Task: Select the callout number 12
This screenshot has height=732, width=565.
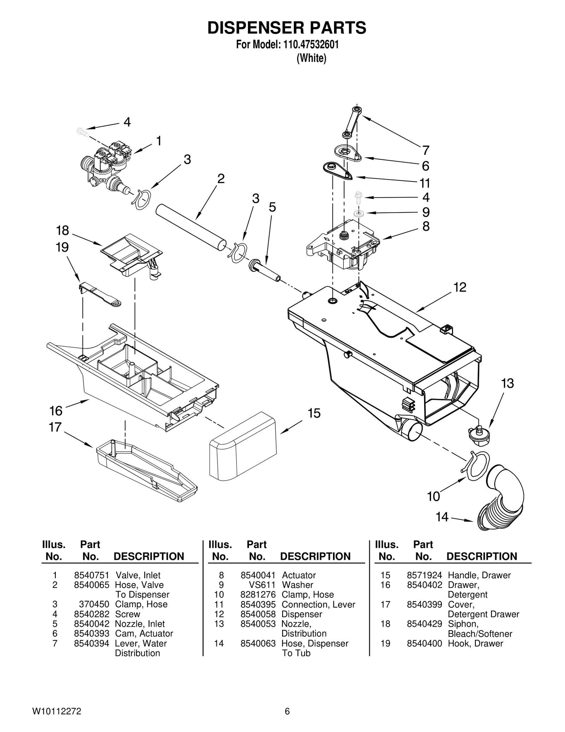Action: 460,287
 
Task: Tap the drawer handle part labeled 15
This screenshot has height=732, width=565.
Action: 243,446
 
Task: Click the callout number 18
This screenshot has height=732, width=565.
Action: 63,230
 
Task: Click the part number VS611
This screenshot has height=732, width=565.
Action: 262,585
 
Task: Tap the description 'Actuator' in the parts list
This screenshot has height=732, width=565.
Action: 299,575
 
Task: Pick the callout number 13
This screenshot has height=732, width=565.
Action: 507,383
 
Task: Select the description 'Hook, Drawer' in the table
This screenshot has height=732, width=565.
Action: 475,643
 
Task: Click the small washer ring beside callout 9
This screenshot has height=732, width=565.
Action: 359,213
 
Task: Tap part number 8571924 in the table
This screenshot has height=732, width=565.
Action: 424,575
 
